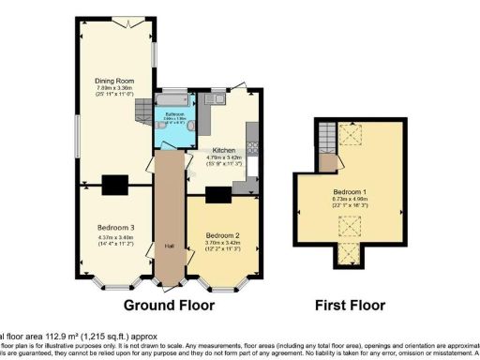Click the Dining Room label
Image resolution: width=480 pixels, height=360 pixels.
click(x=110, y=82)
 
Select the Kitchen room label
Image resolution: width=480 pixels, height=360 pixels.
click(x=223, y=150)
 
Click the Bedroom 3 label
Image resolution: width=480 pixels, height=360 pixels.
click(x=116, y=227)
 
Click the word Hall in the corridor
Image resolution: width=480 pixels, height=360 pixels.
click(x=170, y=246)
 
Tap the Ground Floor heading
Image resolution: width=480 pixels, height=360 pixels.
click(x=169, y=305)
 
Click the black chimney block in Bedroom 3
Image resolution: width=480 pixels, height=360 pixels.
click(x=115, y=183)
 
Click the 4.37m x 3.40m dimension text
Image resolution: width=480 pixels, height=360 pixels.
click(x=116, y=238)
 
